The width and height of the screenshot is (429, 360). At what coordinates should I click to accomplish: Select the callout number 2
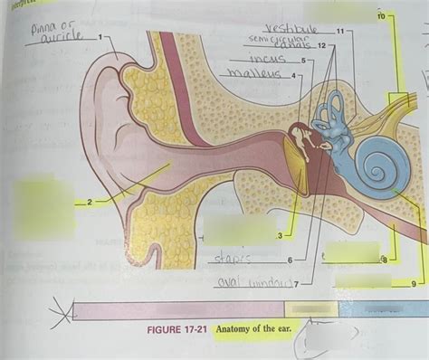coord(90,202)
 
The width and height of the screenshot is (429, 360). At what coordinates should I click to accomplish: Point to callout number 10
coord(380,16)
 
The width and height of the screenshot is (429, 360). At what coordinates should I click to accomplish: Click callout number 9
coord(415,284)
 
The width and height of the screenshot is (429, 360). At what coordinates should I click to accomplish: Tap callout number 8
coord(383,260)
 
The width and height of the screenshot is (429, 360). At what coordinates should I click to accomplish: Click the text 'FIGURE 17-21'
coord(178,328)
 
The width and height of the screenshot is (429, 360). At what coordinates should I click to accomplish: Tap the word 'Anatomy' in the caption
coord(237,328)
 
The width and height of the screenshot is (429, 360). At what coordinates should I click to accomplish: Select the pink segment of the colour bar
coord(181,309)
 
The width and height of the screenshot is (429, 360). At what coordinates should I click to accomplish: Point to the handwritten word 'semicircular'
coord(270,41)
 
